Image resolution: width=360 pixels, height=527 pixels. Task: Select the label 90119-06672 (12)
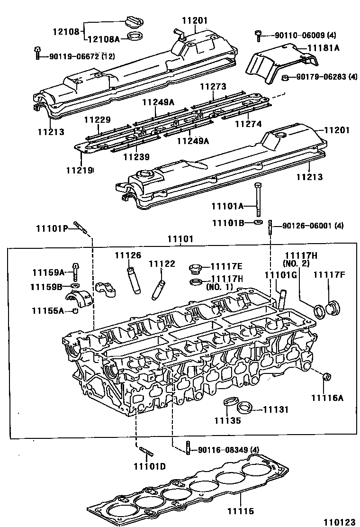pyautogui.click(x=81, y=56)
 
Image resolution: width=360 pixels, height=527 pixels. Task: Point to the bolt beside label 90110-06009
pyautogui.click(x=258, y=35)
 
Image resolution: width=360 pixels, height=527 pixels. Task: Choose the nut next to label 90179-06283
pyautogui.click(x=285, y=77)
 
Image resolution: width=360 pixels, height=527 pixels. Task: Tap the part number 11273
pyautogui.click(x=213, y=87)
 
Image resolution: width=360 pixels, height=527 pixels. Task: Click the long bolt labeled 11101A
pyautogui.click(x=258, y=199)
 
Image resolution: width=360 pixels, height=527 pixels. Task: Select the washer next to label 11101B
pyautogui.click(x=257, y=222)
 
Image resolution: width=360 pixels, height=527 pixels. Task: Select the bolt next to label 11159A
pyautogui.click(x=75, y=272)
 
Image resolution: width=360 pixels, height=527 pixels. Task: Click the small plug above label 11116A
pyautogui.click(x=326, y=378)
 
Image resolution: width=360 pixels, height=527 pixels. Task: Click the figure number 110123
pyautogui.click(x=339, y=521)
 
